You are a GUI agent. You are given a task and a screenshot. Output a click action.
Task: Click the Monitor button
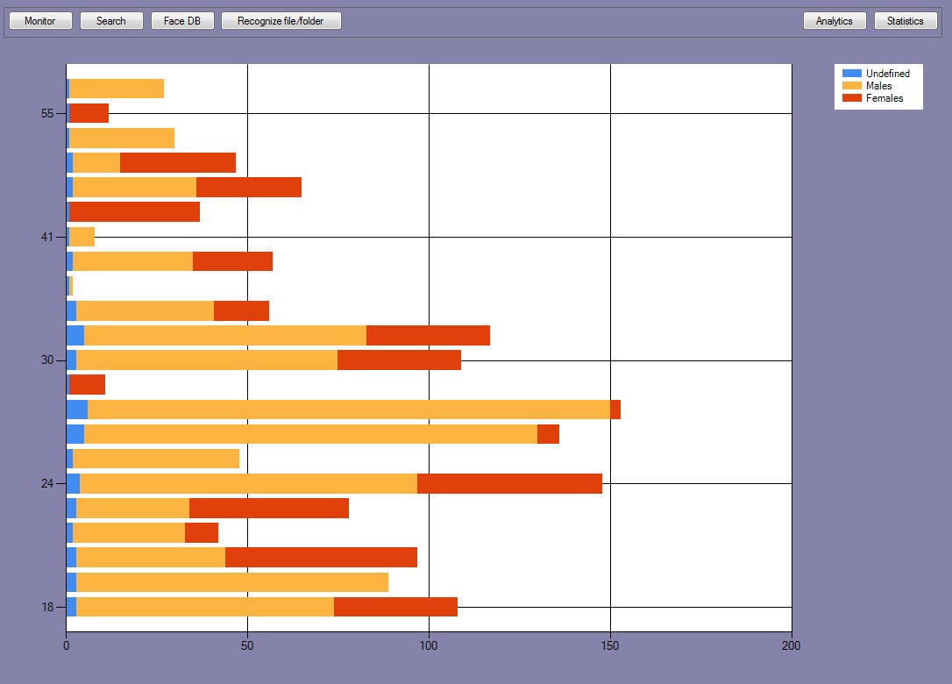tap(40, 21)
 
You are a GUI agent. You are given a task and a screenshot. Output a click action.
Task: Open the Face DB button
tap(182, 21)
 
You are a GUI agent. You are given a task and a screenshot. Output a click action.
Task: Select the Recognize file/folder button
tap(281, 21)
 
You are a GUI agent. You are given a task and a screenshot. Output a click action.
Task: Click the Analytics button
tap(834, 21)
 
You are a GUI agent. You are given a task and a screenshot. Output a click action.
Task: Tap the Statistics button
tap(906, 21)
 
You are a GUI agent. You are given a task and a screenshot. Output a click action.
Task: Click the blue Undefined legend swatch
tap(851, 74)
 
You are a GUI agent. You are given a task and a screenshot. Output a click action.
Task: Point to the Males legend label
tap(878, 86)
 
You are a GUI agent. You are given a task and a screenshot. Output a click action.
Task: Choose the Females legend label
tap(884, 98)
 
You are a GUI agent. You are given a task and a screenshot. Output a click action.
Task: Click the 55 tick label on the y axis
tap(48, 113)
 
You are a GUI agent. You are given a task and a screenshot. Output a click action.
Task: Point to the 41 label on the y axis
tap(48, 237)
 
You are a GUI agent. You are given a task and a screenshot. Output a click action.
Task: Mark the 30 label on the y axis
tap(48, 360)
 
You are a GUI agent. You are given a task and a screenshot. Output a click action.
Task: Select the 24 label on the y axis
tap(48, 484)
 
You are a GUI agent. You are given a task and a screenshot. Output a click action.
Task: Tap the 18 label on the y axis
tap(48, 607)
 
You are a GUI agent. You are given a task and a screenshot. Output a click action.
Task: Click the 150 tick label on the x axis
tap(610, 646)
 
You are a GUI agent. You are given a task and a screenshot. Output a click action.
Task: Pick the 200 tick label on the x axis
tap(791, 646)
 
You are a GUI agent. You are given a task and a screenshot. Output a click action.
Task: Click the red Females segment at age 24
tap(509, 484)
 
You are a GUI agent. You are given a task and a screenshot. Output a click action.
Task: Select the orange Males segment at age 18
tap(205, 607)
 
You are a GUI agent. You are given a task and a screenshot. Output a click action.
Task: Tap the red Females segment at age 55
tap(89, 113)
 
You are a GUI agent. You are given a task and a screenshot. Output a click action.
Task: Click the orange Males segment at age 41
tap(82, 237)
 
